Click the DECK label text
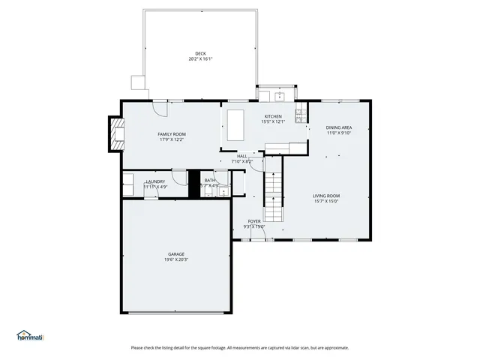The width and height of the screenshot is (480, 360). pos(200,53)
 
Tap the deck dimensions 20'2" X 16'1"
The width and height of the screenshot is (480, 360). pos(200,58)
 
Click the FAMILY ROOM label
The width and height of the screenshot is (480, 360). pos(171,133)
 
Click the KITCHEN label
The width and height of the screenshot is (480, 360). pos(272,116)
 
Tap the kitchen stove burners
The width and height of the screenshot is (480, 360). pos(300,115)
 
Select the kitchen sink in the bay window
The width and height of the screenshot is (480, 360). pos(278,95)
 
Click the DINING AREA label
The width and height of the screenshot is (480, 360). pos(339,127)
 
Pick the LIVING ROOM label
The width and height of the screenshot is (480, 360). pos(326,196)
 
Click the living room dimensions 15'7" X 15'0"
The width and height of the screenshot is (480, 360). pos(326,201)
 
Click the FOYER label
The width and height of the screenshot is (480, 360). pos(255,221)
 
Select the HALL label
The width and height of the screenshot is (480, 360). pos(241,156)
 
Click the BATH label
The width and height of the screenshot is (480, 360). pos(209,180)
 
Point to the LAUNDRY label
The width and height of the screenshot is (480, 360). pos(155,181)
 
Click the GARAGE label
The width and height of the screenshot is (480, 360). pos(176,254)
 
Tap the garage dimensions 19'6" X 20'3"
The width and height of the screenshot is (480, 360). pos(176,260)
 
